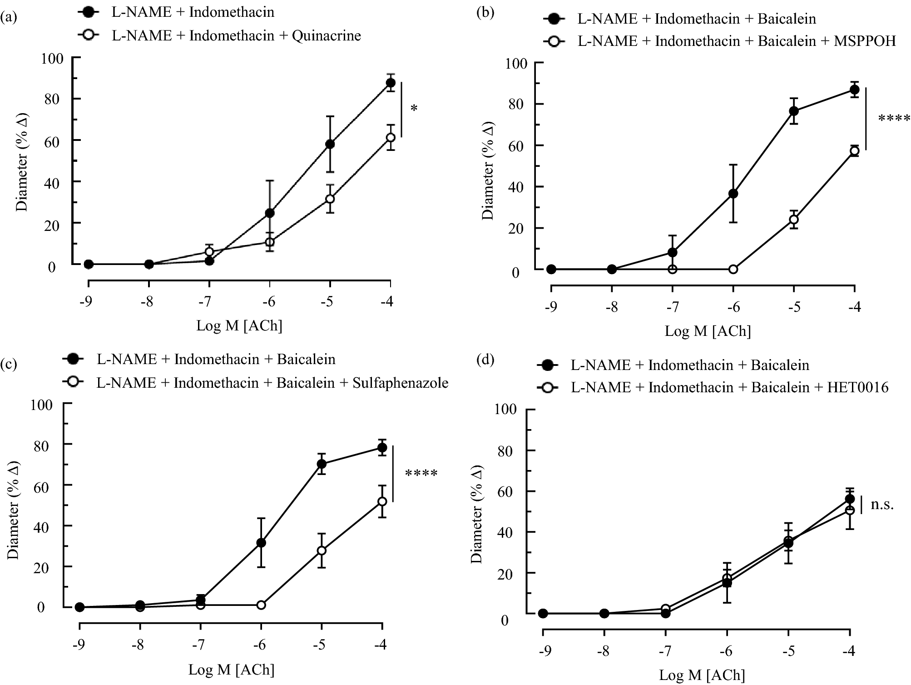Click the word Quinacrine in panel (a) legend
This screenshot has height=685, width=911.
pyautogui.click(x=327, y=35)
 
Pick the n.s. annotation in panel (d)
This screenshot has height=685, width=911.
pyautogui.click(x=882, y=505)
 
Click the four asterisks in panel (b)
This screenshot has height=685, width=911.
pyautogui.click(x=894, y=119)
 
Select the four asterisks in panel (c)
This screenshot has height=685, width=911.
pyautogui.click(x=421, y=474)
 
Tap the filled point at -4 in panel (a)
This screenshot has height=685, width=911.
pyautogui.click(x=391, y=83)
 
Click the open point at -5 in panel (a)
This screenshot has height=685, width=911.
pyautogui.click(x=330, y=199)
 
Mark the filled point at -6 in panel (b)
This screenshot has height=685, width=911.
pyautogui.click(x=733, y=194)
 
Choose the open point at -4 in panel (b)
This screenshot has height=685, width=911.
pyautogui.click(x=854, y=151)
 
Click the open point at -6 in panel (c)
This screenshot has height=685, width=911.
pyautogui.click(x=261, y=605)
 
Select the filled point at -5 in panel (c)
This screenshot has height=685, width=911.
pyautogui.click(x=322, y=464)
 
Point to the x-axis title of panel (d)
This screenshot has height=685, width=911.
pyautogui.click(x=702, y=675)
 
